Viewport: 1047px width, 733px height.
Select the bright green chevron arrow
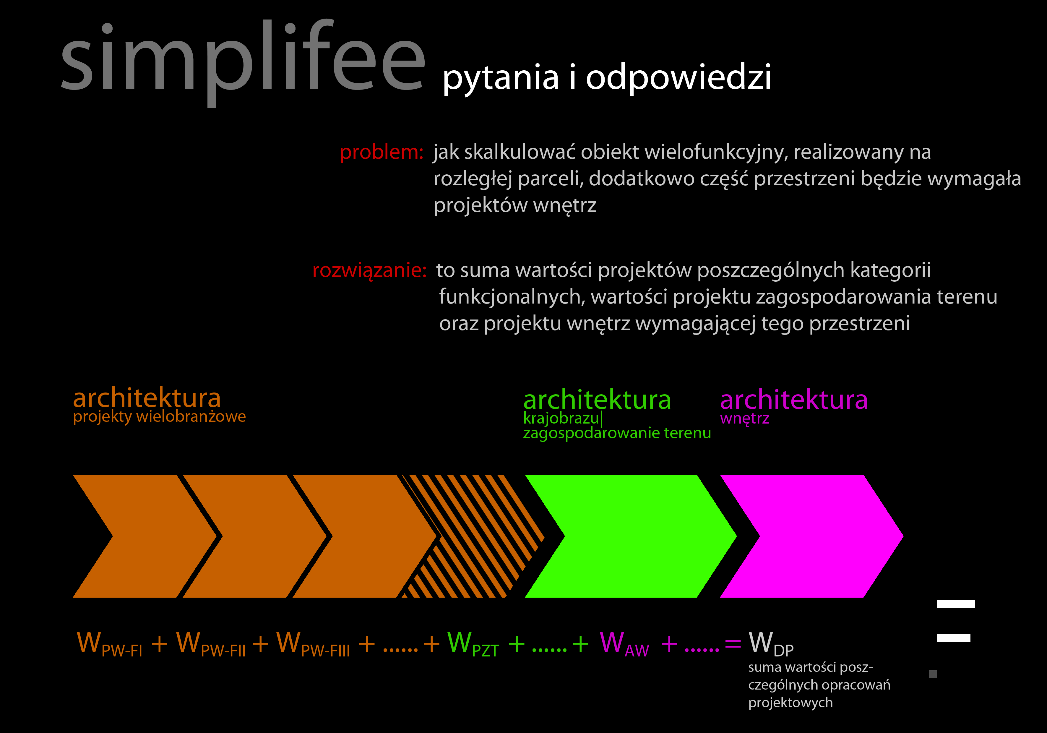click(x=631, y=536)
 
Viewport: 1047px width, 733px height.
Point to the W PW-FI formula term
click(x=109, y=644)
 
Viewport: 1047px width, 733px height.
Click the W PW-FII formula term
click(x=211, y=644)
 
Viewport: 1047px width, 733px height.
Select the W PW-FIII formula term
click(x=313, y=644)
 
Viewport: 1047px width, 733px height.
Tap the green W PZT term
click(x=473, y=644)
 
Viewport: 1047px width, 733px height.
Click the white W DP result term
click(x=771, y=644)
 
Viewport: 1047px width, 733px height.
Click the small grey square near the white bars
click(x=933, y=674)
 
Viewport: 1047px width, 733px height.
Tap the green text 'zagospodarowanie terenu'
click(x=617, y=433)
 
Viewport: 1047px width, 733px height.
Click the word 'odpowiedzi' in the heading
click(x=678, y=77)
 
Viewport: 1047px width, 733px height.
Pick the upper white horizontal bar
click(x=956, y=604)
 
